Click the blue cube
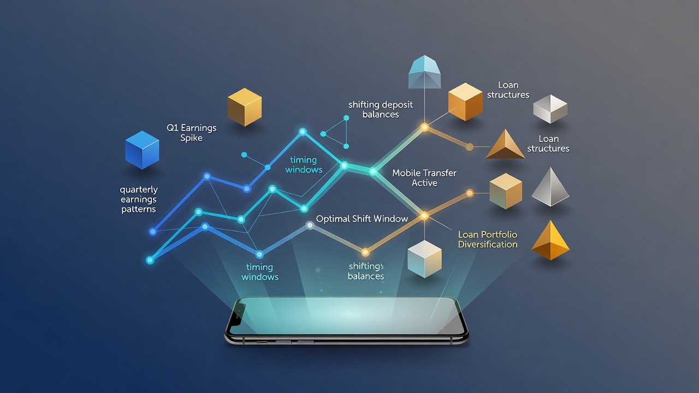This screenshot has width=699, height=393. click(142, 150)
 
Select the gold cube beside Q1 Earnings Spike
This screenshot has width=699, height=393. click(244, 107)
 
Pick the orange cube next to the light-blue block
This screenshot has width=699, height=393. click(465, 102)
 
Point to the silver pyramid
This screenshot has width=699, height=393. click(550, 187)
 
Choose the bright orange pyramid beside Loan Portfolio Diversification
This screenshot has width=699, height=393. click(550, 240)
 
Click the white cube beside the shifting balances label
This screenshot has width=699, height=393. click(424, 259)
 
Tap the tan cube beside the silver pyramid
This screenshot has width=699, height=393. click(506, 191)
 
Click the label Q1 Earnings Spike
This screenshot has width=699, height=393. click(192, 133)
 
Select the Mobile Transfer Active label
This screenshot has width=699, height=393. click(424, 178)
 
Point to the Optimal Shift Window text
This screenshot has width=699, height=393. click(362, 219)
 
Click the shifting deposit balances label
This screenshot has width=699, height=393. click(381, 110)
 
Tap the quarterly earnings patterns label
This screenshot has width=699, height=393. click(139, 199)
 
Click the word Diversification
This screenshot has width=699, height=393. click(488, 244)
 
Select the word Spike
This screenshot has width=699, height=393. click(192, 138)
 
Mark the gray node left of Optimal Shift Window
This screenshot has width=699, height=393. click(310, 225)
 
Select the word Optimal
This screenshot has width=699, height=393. click(333, 219)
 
